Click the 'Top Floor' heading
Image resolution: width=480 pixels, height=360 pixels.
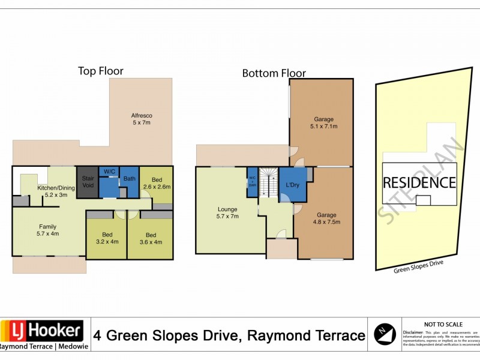pos(100,71)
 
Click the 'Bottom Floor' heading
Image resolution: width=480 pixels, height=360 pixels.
pos(274,73)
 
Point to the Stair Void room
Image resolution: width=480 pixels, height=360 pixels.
pos(88,182)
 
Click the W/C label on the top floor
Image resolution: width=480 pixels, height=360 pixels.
pos(109,172)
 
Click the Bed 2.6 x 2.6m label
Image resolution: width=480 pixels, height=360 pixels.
pos(157,184)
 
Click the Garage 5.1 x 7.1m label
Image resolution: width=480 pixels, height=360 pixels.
pos(322,123)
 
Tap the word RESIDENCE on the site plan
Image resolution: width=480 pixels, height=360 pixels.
pos(419,182)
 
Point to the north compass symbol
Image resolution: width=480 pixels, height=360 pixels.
pos(385,334)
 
